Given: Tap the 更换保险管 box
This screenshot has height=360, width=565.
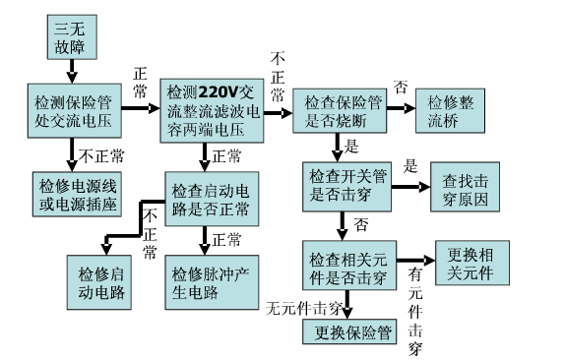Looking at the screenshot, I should point(348,331).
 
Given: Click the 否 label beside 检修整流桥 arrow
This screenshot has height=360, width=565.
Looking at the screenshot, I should point(401,86).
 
